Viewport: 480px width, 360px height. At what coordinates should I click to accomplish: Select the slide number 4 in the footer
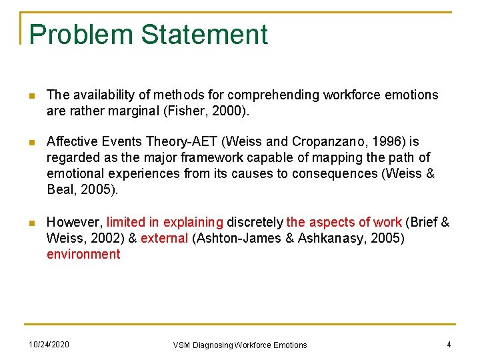pyautogui.click(x=449, y=345)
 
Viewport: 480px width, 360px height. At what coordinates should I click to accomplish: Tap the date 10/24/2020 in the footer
pyautogui.click(x=48, y=345)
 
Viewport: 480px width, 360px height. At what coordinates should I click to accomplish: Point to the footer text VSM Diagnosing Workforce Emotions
pyautogui.click(x=240, y=345)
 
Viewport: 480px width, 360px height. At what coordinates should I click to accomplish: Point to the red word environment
pyautogui.click(x=83, y=254)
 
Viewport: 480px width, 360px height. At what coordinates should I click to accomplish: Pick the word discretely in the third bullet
pyautogui.click(x=255, y=222)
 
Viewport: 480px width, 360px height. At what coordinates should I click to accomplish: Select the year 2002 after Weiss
pyautogui.click(x=98, y=238)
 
